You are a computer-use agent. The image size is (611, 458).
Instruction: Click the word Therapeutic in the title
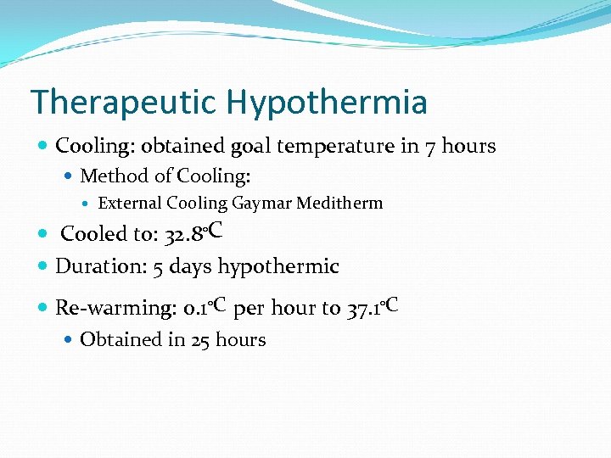click(x=123, y=103)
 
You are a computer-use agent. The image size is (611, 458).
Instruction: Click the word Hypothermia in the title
click(x=326, y=103)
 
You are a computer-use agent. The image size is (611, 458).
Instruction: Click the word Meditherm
click(x=340, y=203)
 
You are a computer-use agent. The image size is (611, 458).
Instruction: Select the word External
click(x=130, y=203)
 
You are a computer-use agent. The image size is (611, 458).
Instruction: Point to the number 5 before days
click(x=159, y=266)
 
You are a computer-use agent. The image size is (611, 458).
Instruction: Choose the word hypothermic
click(x=278, y=266)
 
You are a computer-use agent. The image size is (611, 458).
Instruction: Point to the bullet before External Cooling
click(x=89, y=204)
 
